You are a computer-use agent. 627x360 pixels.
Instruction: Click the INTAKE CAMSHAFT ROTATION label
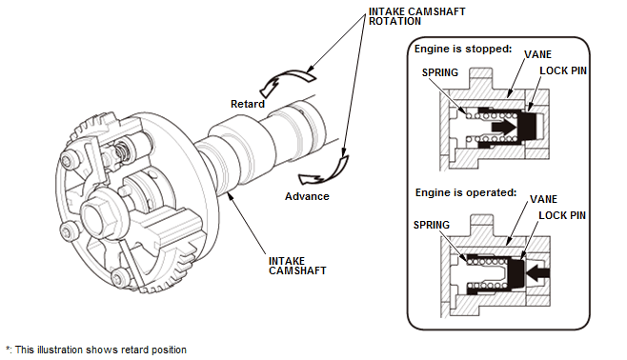(x=416, y=16)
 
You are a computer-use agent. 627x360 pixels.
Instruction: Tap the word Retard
(x=248, y=104)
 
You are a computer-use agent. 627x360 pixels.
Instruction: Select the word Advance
(x=307, y=196)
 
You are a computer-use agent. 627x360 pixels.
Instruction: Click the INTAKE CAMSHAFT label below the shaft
(x=297, y=266)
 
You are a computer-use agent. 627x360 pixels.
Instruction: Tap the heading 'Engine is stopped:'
(x=463, y=49)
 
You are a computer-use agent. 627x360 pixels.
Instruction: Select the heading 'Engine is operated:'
(x=466, y=192)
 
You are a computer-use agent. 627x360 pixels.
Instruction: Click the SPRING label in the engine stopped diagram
(x=440, y=72)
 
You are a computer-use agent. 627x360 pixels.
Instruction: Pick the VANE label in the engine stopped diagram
(x=537, y=54)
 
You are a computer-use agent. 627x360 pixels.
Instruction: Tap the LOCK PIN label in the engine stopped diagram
(x=563, y=70)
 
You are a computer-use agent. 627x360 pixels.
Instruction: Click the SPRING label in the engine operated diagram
(x=431, y=225)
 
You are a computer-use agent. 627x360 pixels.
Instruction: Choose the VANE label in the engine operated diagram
(x=543, y=199)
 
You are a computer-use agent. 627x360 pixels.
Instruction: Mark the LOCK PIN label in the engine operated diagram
(x=562, y=215)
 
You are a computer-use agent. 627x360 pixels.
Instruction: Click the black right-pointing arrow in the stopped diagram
(x=503, y=127)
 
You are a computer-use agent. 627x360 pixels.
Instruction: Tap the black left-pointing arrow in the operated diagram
(x=537, y=272)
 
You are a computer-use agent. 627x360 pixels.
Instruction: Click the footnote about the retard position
(x=96, y=350)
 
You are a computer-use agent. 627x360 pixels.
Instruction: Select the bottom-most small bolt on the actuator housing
(x=120, y=277)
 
